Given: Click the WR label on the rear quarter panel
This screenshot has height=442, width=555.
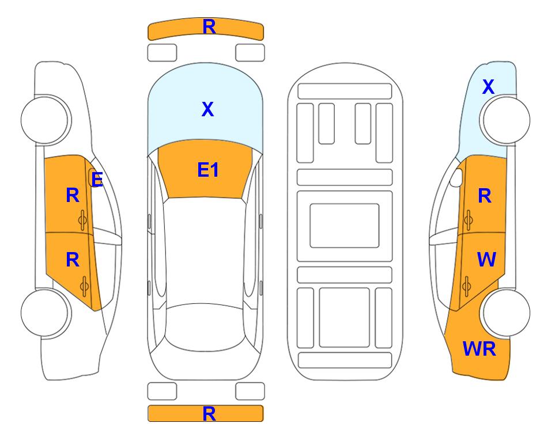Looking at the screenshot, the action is tap(480, 349).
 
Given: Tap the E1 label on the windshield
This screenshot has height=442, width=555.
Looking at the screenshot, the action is tap(208, 170).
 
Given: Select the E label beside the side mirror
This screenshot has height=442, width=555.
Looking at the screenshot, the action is tap(97, 180).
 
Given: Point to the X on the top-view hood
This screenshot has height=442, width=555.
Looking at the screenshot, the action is tap(208, 109).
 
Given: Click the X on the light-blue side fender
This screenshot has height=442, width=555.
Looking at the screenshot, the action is tap(488, 87).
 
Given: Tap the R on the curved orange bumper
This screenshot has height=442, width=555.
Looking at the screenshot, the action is tap(209, 26).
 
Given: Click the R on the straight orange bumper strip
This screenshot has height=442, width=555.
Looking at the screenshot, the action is tap(209, 414).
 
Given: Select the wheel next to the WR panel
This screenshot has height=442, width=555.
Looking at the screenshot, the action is tap(505, 313).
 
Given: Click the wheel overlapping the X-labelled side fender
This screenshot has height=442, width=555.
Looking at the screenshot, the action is tap(504, 120).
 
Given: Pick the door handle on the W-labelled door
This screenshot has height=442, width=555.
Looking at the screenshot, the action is tap(467, 286).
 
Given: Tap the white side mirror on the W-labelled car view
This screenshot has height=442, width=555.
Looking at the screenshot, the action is tap(456, 177).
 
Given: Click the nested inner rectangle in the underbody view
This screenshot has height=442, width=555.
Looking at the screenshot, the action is tap(345, 226).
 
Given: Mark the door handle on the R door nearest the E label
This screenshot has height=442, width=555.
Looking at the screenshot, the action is tap(83, 220).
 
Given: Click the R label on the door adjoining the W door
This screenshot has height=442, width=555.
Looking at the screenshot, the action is tap(485, 196).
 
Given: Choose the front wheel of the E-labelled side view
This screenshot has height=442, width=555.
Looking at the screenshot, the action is tap(46, 120).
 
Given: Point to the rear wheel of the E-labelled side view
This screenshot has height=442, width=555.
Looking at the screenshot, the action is tap(46, 313).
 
